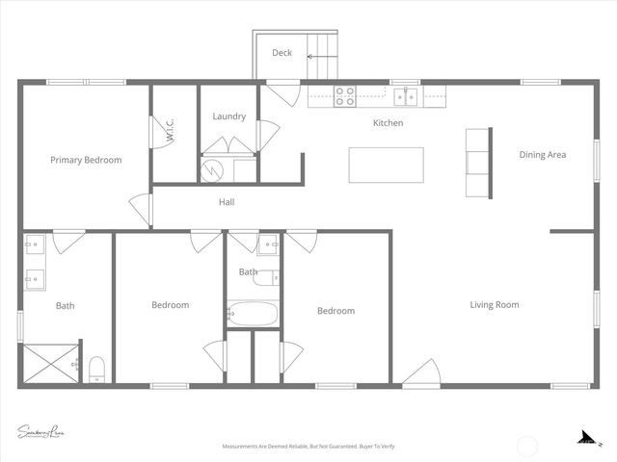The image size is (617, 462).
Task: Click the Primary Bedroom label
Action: coord(86,160)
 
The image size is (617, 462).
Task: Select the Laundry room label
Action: coord(228,116)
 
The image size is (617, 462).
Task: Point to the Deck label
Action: coord(282,53)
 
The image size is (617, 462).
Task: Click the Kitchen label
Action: coord(389,123)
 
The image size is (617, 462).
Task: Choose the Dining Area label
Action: coord(542,154)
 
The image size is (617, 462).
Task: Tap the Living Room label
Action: coord(494,305)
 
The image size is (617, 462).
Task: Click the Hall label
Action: coord(227,202)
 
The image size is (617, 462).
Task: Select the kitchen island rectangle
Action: coord(386,165)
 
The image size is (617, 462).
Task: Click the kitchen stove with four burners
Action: coord(344,95)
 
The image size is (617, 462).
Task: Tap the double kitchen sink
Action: coord(406,95)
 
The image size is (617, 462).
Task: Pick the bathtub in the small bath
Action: coord(253,314)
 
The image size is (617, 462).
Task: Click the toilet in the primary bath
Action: coord(96,370)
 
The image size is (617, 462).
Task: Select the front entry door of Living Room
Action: coord(421,373)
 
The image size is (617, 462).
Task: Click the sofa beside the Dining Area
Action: coord(477,164)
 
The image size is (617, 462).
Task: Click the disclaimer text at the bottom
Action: coord(308,447)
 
